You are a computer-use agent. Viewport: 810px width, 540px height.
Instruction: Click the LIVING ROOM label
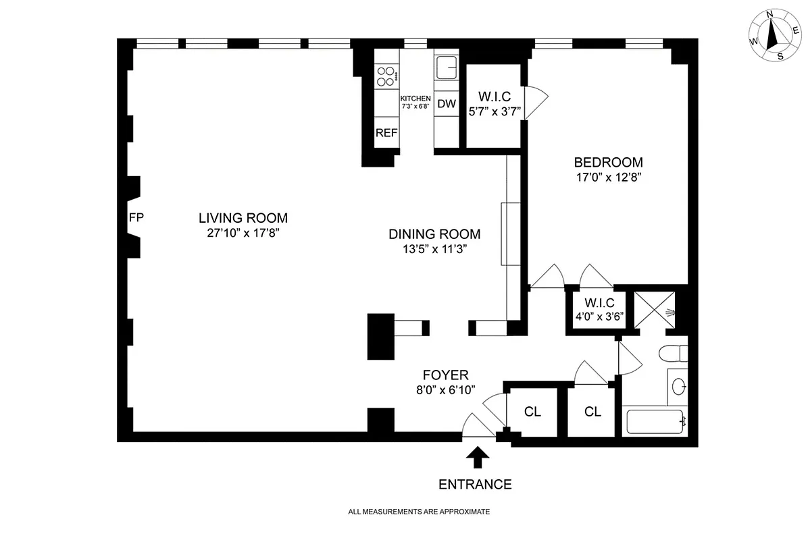click(x=243, y=218)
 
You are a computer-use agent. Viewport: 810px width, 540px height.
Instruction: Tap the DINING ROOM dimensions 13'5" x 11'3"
click(x=434, y=249)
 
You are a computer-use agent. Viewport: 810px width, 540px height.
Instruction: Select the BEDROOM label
click(x=608, y=162)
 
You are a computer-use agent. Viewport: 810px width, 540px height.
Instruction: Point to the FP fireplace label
click(x=136, y=217)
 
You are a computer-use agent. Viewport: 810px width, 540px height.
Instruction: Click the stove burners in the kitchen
click(x=386, y=76)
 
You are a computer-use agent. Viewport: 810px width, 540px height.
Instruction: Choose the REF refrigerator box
click(x=386, y=133)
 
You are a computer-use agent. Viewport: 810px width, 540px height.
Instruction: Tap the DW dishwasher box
click(x=446, y=104)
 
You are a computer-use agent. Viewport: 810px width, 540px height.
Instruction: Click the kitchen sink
click(x=447, y=68)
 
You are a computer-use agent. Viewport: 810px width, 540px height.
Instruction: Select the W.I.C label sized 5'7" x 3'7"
click(x=494, y=94)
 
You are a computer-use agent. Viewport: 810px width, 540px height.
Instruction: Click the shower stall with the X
click(x=655, y=311)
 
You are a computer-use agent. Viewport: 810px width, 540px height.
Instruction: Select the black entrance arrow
click(x=478, y=458)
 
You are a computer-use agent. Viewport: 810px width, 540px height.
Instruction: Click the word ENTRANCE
click(x=475, y=484)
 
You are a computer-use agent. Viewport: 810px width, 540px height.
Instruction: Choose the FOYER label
click(x=445, y=375)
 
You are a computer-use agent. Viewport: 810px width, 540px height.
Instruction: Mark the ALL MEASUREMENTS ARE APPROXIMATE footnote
click(x=418, y=512)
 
